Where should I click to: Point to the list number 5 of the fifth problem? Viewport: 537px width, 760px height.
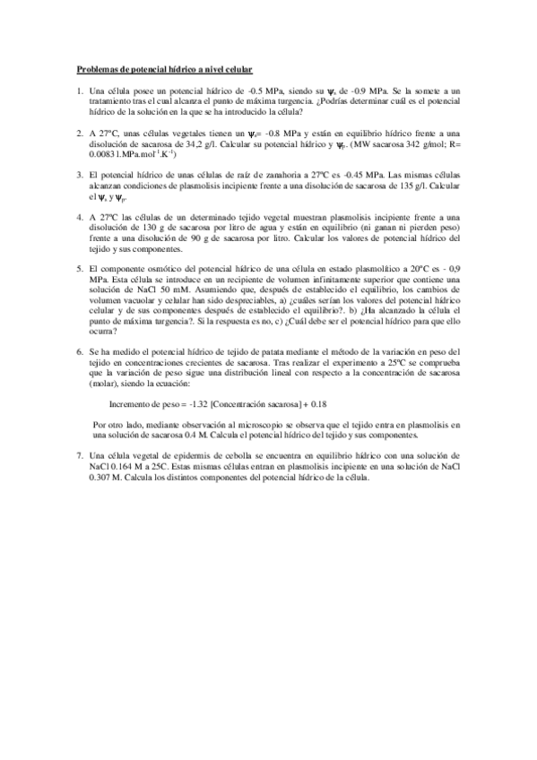coord(80,268)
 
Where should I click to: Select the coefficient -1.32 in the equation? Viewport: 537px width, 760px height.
coord(200,404)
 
